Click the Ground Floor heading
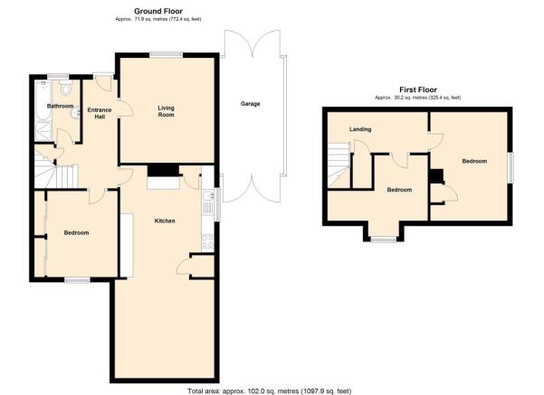158,11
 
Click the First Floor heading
417,89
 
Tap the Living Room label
166,111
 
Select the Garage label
250,104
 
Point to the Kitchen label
165,221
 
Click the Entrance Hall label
100,113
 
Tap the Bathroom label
60,106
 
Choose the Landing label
360,129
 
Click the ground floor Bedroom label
76,233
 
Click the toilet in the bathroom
65,88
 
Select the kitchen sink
208,196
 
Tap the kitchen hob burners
208,241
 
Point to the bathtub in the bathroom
43,100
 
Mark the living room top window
167,54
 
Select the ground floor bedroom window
77,280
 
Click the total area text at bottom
270,391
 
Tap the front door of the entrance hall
103,82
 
